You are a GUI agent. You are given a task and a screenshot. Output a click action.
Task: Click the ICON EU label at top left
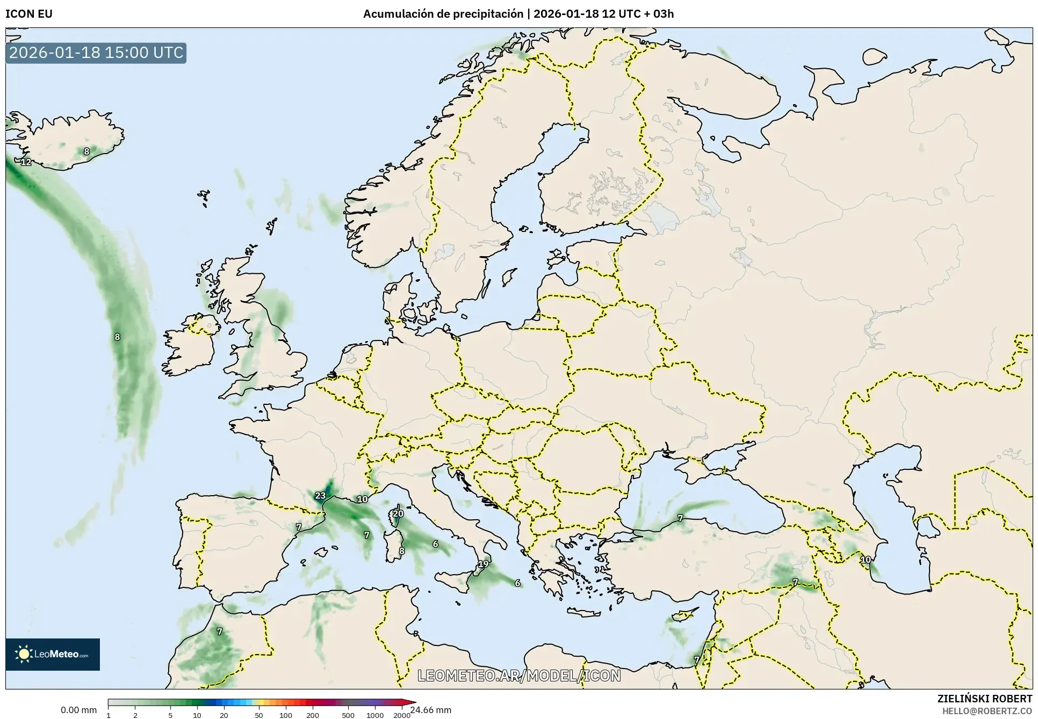(29, 14)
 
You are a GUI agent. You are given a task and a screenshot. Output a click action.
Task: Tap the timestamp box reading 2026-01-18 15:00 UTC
(96, 53)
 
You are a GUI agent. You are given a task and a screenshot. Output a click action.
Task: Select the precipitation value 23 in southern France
(320, 496)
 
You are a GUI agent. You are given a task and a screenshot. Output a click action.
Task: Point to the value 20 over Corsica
(398, 513)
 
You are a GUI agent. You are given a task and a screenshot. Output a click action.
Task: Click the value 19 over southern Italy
(484, 564)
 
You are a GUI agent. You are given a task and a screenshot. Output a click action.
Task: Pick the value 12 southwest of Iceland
(26, 162)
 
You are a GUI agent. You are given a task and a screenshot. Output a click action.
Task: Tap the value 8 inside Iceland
(86, 152)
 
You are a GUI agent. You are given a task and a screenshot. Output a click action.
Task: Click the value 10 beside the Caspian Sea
(866, 560)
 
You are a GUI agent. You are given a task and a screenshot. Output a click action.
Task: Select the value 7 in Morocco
(219, 631)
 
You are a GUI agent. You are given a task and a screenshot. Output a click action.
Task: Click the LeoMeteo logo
(53, 654)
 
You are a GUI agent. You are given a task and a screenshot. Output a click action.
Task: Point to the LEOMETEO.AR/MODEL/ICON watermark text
(519, 676)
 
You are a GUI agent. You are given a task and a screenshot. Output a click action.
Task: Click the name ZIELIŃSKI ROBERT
(984, 699)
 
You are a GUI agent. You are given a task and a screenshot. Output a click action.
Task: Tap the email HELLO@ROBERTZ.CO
(987, 711)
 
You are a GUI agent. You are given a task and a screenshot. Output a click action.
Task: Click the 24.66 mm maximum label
(430, 710)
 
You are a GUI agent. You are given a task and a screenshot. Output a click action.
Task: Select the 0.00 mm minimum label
(78, 710)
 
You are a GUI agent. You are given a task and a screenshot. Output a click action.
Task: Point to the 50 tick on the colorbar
(259, 715)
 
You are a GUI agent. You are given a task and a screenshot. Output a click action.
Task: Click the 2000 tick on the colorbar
(402, 715)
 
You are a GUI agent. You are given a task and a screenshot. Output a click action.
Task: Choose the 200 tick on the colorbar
(313, 715)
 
